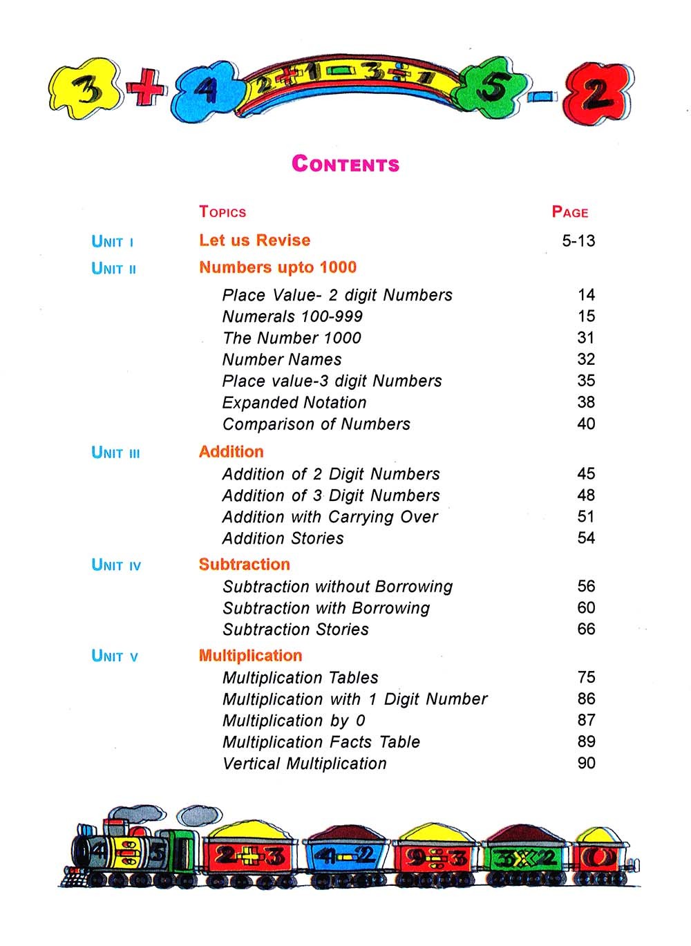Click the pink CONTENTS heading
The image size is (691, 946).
[x=345, y=164]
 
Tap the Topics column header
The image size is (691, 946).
[x=223, y=212]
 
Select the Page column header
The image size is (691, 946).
[x=570, y=212]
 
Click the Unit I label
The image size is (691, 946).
[x=112, y=242]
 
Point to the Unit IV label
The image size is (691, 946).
[x=116, y=565]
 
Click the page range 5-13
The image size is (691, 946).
[x=578, y=241]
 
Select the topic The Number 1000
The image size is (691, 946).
[x=292, y=338]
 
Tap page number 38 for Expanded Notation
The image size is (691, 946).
[x=586, y=402]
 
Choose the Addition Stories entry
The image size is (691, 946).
[x=283, y=538]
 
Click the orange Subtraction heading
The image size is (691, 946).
[x=244, y=565]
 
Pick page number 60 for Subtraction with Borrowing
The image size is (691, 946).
[x=586, y=608]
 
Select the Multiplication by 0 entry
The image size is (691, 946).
[x=294, y=721]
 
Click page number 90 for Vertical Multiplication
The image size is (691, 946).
[x=586, y=764]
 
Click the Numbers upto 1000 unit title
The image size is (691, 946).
[x=278, y=267]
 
